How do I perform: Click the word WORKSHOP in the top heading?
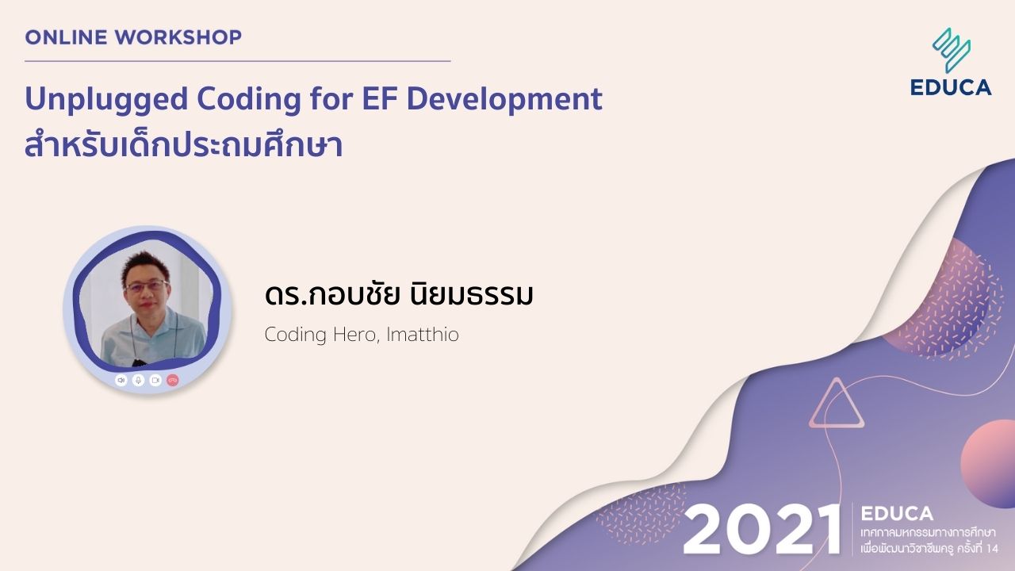tap(178, 37)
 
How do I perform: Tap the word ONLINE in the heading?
tap(66, 37)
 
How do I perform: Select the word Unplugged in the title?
tap(106, 100)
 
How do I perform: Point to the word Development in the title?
tap(504, 100)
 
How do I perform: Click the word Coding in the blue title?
tap(248, 100)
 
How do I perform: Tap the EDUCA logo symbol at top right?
tap(952, 50)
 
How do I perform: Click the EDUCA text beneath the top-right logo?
tap(951, 87)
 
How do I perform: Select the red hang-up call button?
tap(173, 380)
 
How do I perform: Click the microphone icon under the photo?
tap(138, 380)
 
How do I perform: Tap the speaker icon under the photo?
tap(121, 380)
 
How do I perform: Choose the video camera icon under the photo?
tap(155, 380)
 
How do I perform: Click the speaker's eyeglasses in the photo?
tap(147, 286)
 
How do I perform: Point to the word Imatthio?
tap(423, 335)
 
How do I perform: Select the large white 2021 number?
tap(761, 531)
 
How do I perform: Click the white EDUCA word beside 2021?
tap(897, 513)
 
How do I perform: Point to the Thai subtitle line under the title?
tap(183, 145)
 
